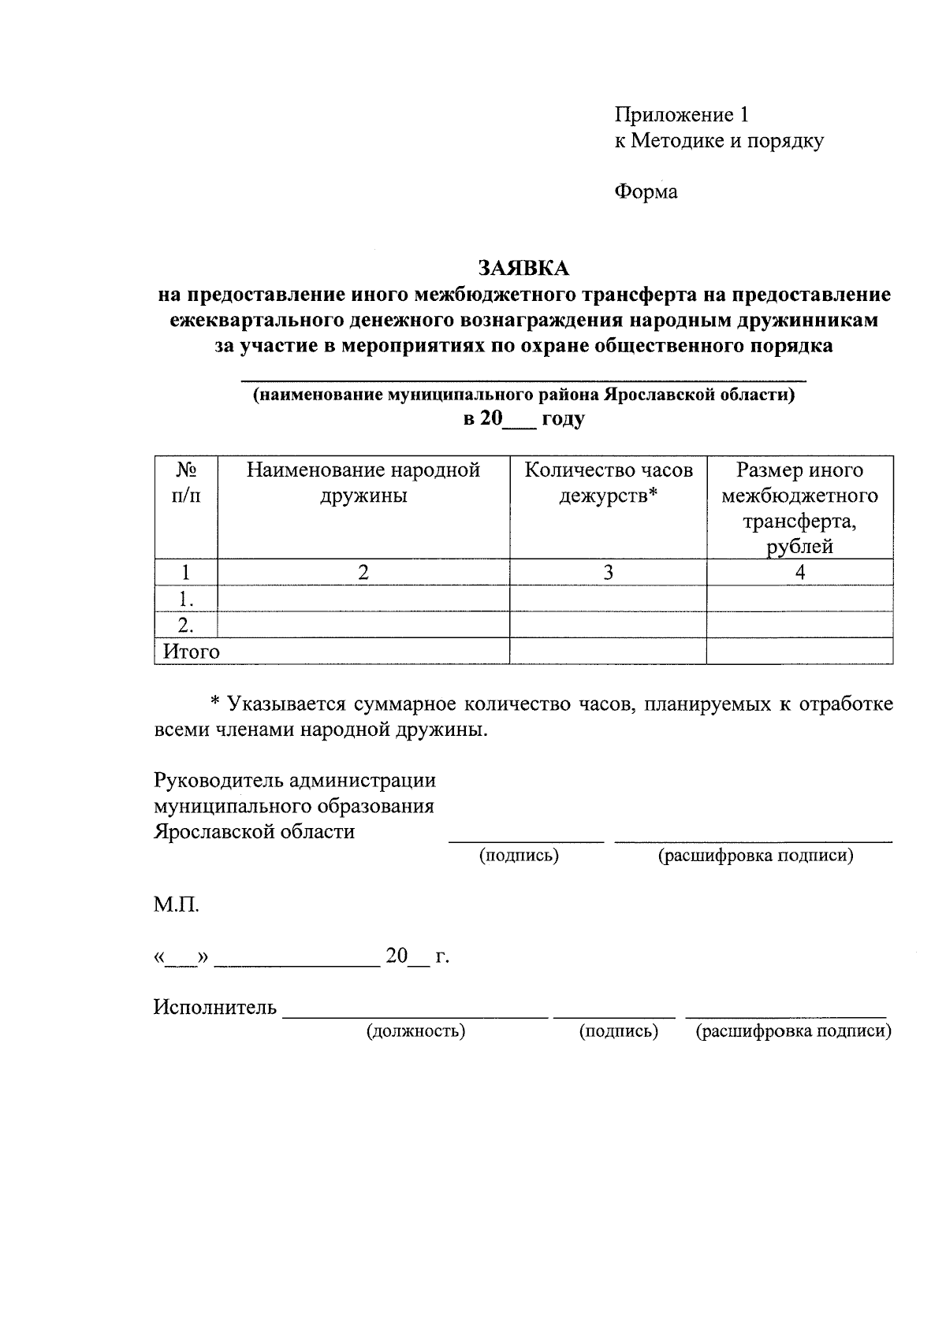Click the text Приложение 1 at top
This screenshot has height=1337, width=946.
[x=681, y=115]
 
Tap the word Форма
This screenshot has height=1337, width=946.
[x=646, y=191]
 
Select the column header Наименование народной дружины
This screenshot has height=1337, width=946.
[x=363, y=483]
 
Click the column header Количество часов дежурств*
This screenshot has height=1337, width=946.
[x=609, y=483]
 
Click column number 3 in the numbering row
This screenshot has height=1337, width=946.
[x=608, y=573]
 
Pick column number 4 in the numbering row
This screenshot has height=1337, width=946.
[x=799, y=573]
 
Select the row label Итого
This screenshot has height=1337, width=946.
[x=192, y=652]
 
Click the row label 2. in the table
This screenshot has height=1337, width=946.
[x=186, y=626]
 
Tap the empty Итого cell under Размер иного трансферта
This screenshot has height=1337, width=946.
[x=799, y=652]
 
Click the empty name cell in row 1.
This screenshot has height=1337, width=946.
[x=363, y=599]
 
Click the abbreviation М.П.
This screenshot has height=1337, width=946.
[x=177, y=904]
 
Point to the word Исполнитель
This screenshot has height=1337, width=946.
[x=215, y=1007]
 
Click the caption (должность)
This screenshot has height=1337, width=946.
[x=415, y=1031]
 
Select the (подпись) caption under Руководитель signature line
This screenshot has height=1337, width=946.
[x=520, y=856]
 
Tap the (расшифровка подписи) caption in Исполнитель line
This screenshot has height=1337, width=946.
[x=793, y=1031]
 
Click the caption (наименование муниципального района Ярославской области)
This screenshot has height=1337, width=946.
[x=523, y=395]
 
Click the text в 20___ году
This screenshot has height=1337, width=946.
[x=523, y=419]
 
